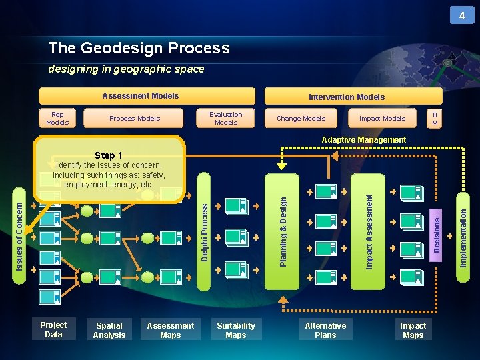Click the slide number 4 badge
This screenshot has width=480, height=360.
(462, 15)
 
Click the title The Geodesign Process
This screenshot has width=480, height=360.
(139, 48)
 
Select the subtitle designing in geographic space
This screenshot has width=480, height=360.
(126, 69)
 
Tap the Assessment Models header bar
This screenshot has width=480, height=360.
(147, 96)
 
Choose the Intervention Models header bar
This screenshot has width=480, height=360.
(346, 97)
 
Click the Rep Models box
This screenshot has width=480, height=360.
(57, 118)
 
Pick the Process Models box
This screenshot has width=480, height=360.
(135, 118)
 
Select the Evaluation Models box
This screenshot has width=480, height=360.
(226, 118)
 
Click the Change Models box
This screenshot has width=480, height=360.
(301, 118)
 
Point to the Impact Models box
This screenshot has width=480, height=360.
(382, 118)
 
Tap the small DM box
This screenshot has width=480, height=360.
(435, 118)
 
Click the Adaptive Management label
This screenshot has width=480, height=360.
(363, 140)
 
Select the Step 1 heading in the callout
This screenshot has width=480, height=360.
(109, 155)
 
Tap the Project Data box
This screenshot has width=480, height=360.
(53, 329)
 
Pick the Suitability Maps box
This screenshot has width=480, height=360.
(236, 330)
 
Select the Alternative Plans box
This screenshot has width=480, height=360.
(325, 330)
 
